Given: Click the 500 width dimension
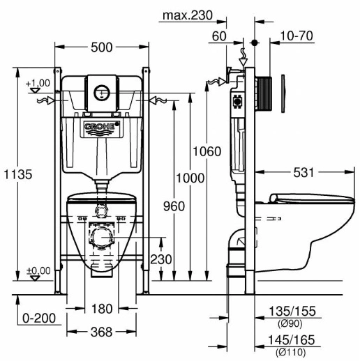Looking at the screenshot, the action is [x=102, y=47].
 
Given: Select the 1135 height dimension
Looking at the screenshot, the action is [x=18, y=174].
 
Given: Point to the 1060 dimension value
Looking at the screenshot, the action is [x=207, y=151].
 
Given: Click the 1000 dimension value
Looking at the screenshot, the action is [x=190, y=178].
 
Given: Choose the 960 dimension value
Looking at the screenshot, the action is [x=174, y=206].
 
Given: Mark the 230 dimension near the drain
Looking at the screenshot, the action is [x=161, y=259].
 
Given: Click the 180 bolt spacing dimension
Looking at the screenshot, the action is [x=102, y=309].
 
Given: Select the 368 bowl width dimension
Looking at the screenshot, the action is [x=101, y=332].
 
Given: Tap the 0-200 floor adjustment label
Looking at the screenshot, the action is [x=39, y=318].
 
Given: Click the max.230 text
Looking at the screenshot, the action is [x=188, y=15].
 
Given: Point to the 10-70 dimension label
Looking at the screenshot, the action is [x=297, y=36].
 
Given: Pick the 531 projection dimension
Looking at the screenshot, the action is [x=303, y=173].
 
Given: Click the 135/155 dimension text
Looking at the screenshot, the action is [x=292, y=312].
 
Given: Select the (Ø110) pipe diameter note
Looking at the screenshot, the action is [x=291, y=353].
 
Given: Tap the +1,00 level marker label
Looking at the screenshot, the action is [x=38, y=83].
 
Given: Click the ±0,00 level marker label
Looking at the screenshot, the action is [x=38, y=271].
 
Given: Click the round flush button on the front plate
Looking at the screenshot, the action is [x=102, y=93].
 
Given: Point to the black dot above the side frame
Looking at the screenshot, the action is [x=255, y=43].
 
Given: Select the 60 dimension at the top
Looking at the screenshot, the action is [x=219, y=36].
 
